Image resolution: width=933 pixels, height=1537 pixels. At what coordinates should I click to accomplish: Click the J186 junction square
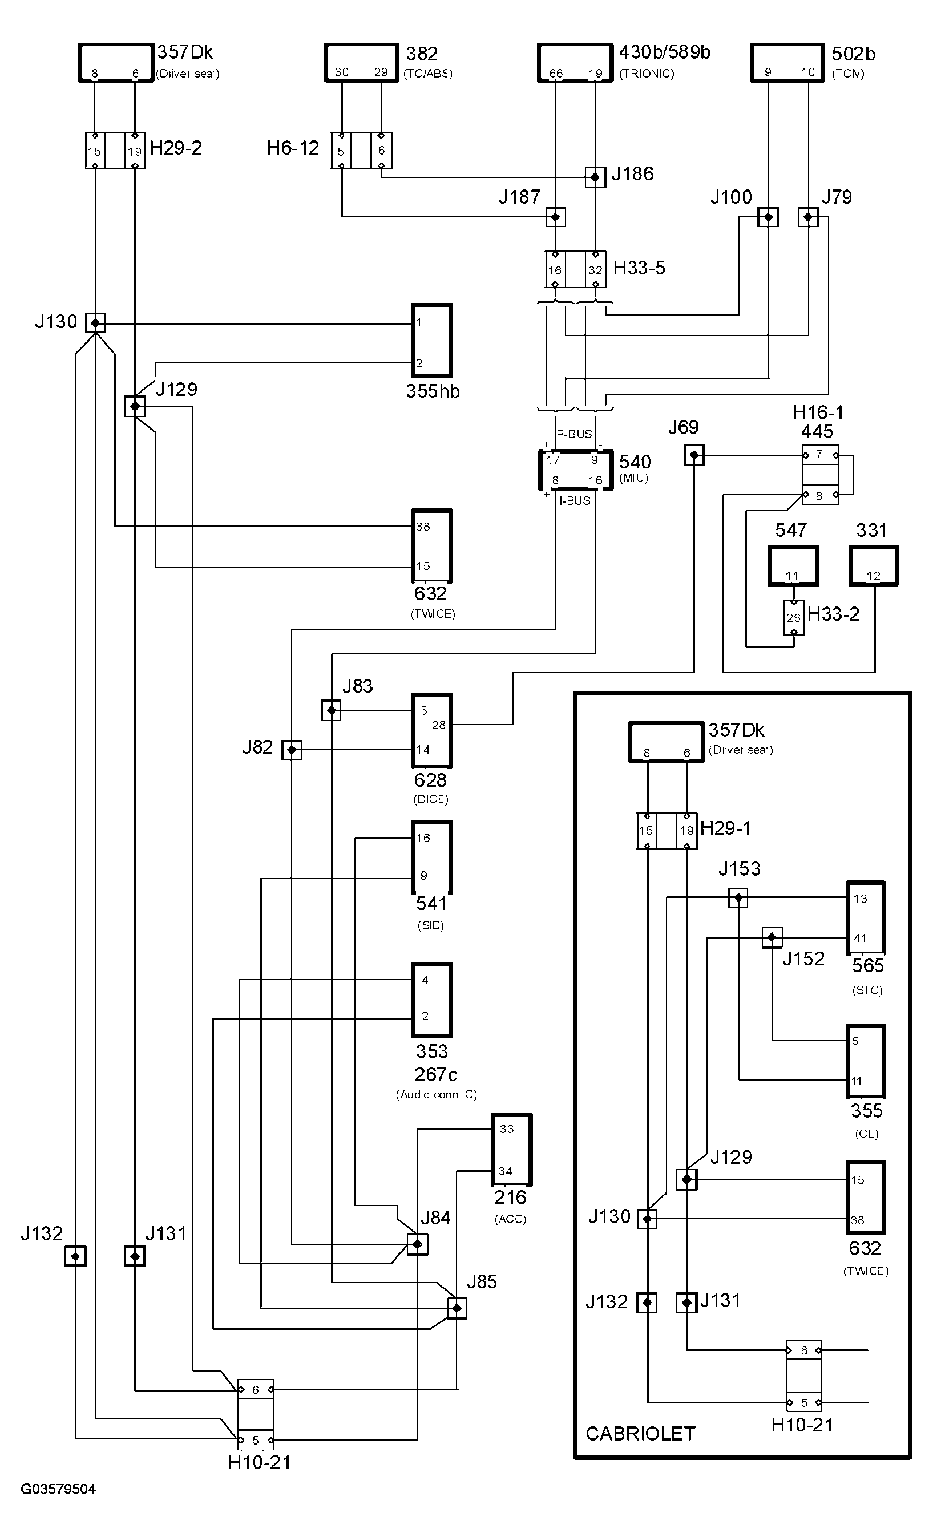[x=595, y=177]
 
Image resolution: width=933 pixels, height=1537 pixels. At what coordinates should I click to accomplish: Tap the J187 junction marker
[x=555, y=217]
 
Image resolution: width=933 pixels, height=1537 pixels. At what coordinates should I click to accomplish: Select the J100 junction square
[x=768, y=217]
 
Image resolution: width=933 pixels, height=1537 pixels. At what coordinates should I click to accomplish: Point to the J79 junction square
[x=808, y=217]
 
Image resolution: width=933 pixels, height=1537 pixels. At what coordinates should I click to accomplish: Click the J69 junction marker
[x=694, y=455]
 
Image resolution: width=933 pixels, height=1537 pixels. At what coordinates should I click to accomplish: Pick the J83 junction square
[x=332, y=710]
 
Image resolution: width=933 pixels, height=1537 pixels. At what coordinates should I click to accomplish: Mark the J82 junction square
[x=292, y=750]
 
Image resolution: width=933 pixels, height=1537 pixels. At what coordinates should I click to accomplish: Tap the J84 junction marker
[x=417, y=1244]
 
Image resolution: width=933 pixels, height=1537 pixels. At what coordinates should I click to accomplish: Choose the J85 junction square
[x=457, y=1308]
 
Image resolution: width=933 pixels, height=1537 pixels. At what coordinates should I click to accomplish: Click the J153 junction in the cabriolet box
[x=738, y=897]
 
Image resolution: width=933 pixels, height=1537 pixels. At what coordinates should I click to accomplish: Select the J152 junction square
[x=772, y=937]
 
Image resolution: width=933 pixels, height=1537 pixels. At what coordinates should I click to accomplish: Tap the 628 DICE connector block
[x=432, y=730]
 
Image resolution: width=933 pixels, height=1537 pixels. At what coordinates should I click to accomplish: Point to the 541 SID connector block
[x=432, y=856]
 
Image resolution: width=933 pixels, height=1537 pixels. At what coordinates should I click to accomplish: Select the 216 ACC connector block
[x=511, y=1150]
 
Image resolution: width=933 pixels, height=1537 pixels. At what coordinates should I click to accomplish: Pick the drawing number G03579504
[x=58, y=1489]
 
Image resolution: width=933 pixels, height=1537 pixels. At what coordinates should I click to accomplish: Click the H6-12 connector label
[x=293, y=148]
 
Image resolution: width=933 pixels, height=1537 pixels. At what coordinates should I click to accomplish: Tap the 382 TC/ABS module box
[x=361, y=62]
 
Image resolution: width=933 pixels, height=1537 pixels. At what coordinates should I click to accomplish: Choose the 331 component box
[x=873, y=566]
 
